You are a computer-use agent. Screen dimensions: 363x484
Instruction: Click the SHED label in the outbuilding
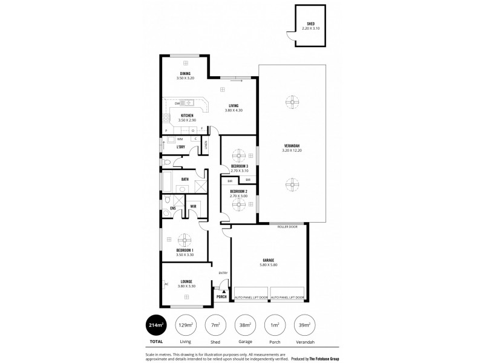(x=310, y=25)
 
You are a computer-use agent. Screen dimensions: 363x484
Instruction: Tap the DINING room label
(x=185, y=74)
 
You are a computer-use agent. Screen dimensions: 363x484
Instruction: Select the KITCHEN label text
(x=187, y=116)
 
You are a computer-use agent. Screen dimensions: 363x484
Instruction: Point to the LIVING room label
(x=234, y=105)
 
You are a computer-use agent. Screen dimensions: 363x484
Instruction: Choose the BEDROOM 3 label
(x=240, y=166)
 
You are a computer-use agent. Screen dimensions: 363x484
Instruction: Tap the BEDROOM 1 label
(x=185, y=250)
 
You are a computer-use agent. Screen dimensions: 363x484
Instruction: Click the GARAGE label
(x=269, y=260)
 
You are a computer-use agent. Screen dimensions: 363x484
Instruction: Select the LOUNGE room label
(x=186, y=281)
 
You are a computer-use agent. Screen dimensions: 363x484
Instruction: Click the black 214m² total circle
(x=156, y=325)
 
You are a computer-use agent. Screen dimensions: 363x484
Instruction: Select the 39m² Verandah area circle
(x=304, y=325)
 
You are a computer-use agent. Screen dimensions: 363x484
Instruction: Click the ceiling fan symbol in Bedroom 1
(x=185, y=238)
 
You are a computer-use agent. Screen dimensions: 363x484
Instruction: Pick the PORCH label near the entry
(x=221, y=297)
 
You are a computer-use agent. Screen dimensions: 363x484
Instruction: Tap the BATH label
(x=185, y=179)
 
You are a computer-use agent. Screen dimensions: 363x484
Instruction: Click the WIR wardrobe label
(x=193, y=206)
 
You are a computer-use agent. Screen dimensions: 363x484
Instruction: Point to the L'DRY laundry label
(x=180, y=147)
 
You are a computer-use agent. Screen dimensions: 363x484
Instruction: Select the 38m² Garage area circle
(x=245, y=325)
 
